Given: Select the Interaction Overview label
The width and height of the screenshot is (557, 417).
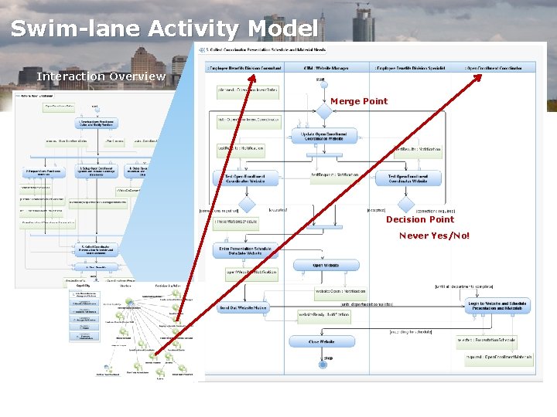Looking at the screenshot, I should (x=101, y=76).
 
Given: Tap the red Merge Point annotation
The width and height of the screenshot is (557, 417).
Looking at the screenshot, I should (x=359, y=101).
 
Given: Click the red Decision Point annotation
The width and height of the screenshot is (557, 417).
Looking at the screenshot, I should (x=420, y=219).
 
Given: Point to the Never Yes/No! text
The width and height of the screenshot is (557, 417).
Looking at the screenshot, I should (x=434, y=236).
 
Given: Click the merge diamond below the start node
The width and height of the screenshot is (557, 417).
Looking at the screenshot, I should (x=323, y=112).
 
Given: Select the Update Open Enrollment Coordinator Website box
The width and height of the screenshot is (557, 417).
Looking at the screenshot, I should (x=325, y=136).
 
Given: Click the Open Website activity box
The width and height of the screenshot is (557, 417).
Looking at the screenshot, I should (x=326, y=265).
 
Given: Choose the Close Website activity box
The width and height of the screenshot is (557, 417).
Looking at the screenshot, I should (x=323, y=341).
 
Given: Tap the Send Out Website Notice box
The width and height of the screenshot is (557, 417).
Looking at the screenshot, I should (x=243, y=307).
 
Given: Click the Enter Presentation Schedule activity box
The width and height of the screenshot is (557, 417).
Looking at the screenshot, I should (x=244, y=250).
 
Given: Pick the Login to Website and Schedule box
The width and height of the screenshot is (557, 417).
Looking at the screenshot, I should (x=497, y=306).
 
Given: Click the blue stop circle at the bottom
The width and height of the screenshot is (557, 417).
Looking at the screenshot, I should (x=322, y=365).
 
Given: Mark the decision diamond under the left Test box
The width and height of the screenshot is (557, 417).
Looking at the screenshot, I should (x=246, y=205).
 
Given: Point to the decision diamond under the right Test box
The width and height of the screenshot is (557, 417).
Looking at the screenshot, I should (x=406, y=205).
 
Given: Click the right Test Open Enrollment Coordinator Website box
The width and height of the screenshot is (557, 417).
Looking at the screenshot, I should (x=408, y=178).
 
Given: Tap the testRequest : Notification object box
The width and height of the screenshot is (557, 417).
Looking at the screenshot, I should (x=334, y=175).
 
